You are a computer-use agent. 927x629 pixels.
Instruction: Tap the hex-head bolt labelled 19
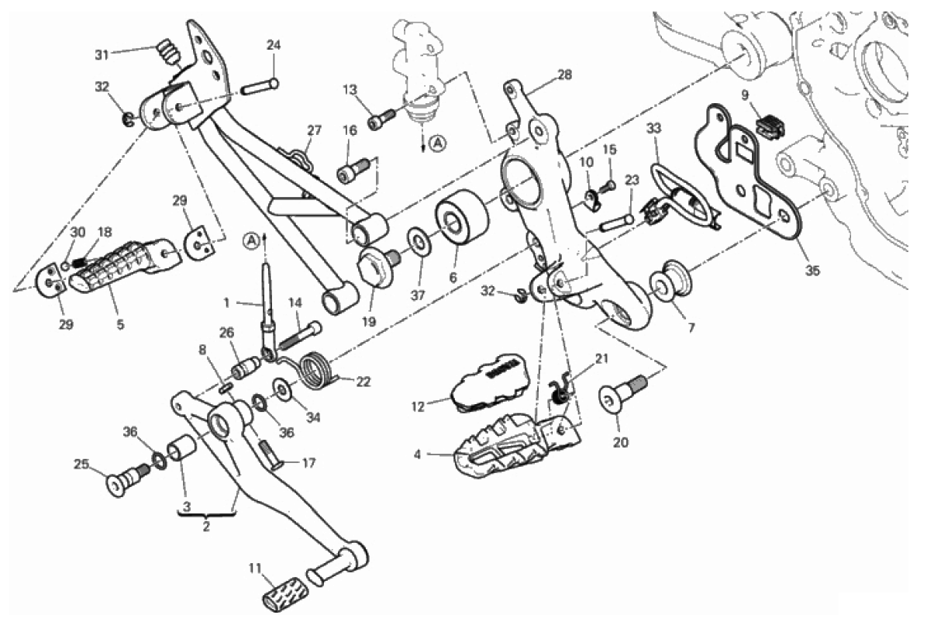point(374,268)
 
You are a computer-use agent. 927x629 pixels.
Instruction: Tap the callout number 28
point(563,75)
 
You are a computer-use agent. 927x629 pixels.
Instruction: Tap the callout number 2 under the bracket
point(206,526)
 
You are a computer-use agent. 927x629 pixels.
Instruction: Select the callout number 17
point(308,465)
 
